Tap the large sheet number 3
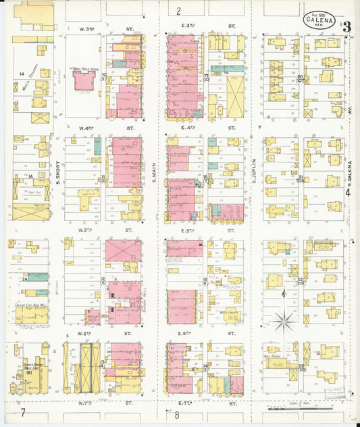click(346, 28)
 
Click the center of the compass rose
click(284, 318)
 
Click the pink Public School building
click(84, 80)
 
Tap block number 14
click(21, 73)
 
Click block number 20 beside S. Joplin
click(300, 78)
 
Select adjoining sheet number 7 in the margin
click(22, 412)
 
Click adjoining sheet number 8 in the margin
click(176, 414)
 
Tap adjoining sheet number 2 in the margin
click(178, 11)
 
